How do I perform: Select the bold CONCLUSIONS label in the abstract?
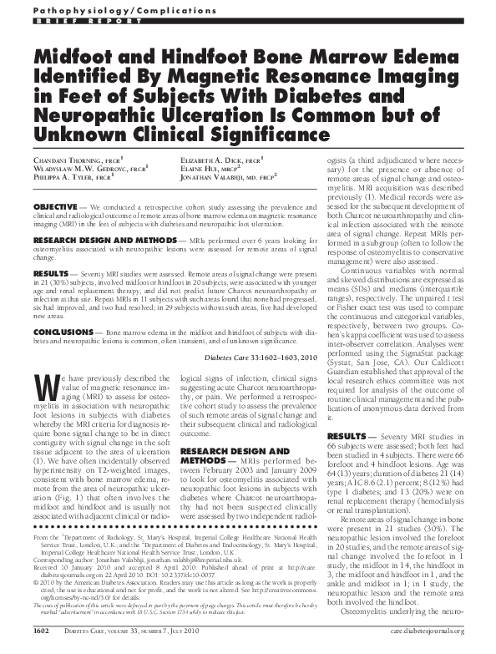pos(63,331)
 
